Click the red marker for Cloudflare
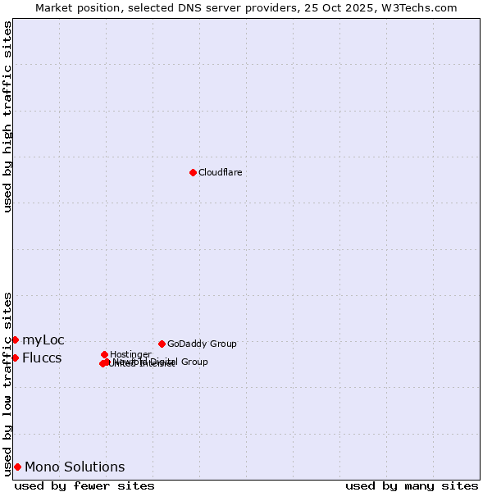(x=193, y=172)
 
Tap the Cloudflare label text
(x=220, y=172)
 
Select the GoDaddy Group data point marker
(x=162, y=344)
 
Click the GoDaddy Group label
(x=202, y=344)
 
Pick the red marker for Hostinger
(x=104, y=354)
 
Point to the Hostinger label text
(x=130, y=354)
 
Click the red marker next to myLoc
(x=15, y=339)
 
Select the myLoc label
(x=43, y=340)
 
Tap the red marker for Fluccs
(x=15, y=358)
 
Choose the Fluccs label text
(x=42, y=358)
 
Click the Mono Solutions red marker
(x=17, y=467)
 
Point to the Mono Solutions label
(x=75, y=467)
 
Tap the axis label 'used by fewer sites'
(x=84, y=485)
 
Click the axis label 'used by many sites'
(x=412, y=485)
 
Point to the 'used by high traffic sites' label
(x=7, y=116)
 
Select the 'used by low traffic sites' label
(x=7, y=384)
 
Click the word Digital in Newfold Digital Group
(x=162, y=362)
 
